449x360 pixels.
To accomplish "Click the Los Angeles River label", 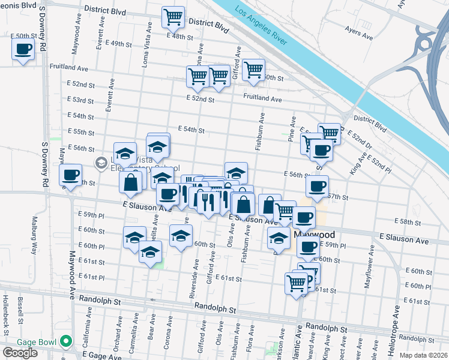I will click(261, 27).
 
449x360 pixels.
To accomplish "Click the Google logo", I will click(20, 353).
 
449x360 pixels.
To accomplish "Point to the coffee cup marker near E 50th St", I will click(23, 49).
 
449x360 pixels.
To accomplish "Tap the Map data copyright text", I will click(423, 355).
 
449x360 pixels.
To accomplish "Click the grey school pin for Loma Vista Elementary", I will click(101, 162).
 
